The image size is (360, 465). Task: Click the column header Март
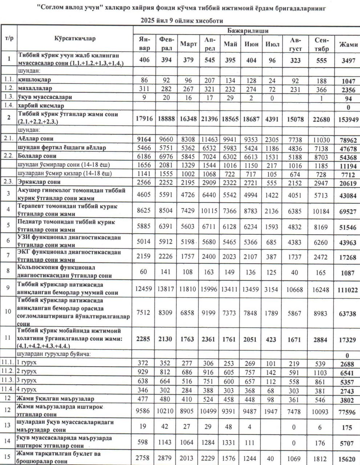coord(189,44)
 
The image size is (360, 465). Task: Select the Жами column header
coord(348,44)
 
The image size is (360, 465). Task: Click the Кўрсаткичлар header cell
coord(75,39)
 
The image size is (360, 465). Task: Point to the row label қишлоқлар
coord(35,80)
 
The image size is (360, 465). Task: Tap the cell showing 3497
coord(348,60)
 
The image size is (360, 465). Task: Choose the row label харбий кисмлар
coord(41,106)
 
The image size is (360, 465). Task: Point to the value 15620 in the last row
coord(347,459)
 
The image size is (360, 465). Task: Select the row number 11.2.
coord(8,372)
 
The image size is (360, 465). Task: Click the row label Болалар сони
coord(37,156)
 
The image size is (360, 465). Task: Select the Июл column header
coord(272,44)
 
